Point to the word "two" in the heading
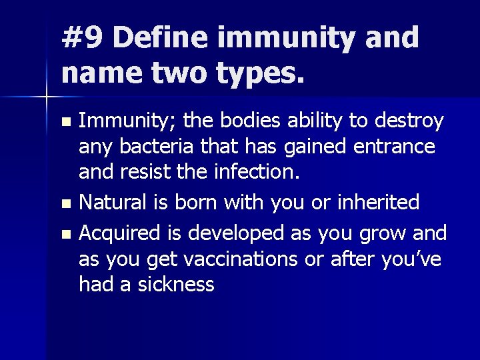tap(177, 73)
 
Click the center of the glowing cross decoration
tap(47, 98)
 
